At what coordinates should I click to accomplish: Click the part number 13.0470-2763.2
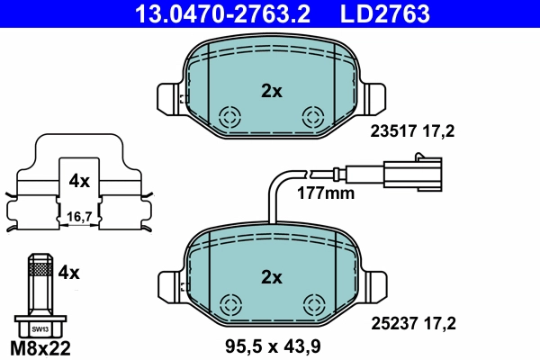tap(228, 13)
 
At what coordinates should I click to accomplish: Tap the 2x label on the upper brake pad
tap(271, 90)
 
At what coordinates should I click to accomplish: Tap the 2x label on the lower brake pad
tap(271, 276)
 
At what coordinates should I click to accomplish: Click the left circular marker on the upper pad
tap(229, 115)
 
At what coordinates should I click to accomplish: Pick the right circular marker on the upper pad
tap(313, 115)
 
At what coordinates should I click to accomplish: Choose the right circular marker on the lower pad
tap(313, 303)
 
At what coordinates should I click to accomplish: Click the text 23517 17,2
tap(413, 131)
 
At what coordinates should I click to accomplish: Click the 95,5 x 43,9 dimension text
tap(272, 345)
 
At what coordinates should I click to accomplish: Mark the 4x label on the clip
tap(79, 181)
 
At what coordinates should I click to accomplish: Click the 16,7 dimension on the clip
tap(79, 216)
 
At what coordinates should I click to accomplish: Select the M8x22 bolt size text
tap(40, 346)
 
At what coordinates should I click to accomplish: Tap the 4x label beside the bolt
tap(69, 270)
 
